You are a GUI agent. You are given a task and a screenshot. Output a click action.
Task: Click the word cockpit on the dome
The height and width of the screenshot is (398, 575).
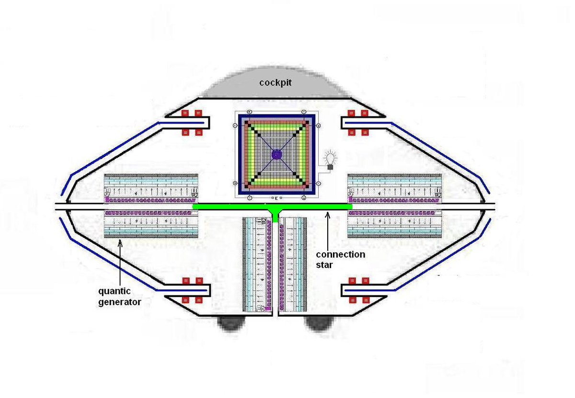coord(276,82)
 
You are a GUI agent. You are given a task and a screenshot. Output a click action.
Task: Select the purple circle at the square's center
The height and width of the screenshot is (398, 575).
coord(276,154)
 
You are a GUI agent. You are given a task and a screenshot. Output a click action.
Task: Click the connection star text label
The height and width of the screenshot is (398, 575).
coord(340,259)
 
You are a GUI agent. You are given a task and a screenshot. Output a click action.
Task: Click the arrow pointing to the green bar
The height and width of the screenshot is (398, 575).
coord(327,220)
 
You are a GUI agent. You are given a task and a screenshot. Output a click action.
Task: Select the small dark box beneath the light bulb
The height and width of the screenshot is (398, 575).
coord(330,167)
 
